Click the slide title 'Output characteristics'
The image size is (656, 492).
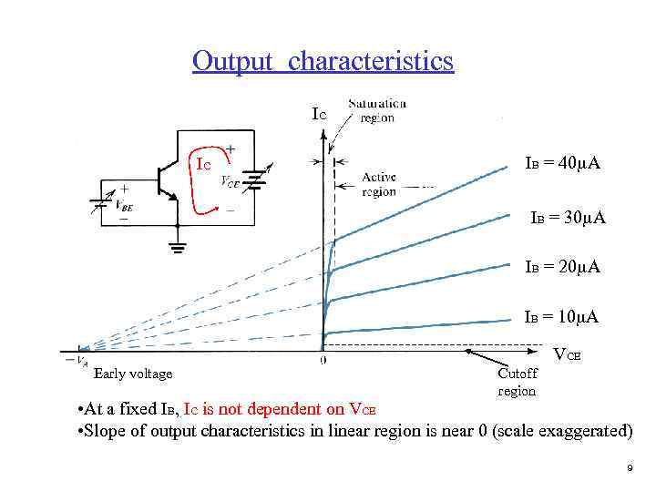(x=323, y=61)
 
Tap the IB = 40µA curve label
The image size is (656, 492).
(x=562, y=163)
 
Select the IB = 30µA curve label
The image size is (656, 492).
(x=569, y=219)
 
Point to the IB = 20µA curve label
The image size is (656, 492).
(x=562, y=267)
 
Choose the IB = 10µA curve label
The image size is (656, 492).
(x=561, y=317)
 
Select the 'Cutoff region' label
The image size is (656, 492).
(x=518, y=382)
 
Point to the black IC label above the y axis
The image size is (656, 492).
(x=318, y=114)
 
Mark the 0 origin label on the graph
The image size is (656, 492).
(x=324, y=362)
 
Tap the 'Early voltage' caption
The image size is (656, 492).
(x=133, y=373)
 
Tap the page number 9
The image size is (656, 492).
(x=630, y=467)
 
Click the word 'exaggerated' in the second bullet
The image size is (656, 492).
(x=588, y=430)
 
